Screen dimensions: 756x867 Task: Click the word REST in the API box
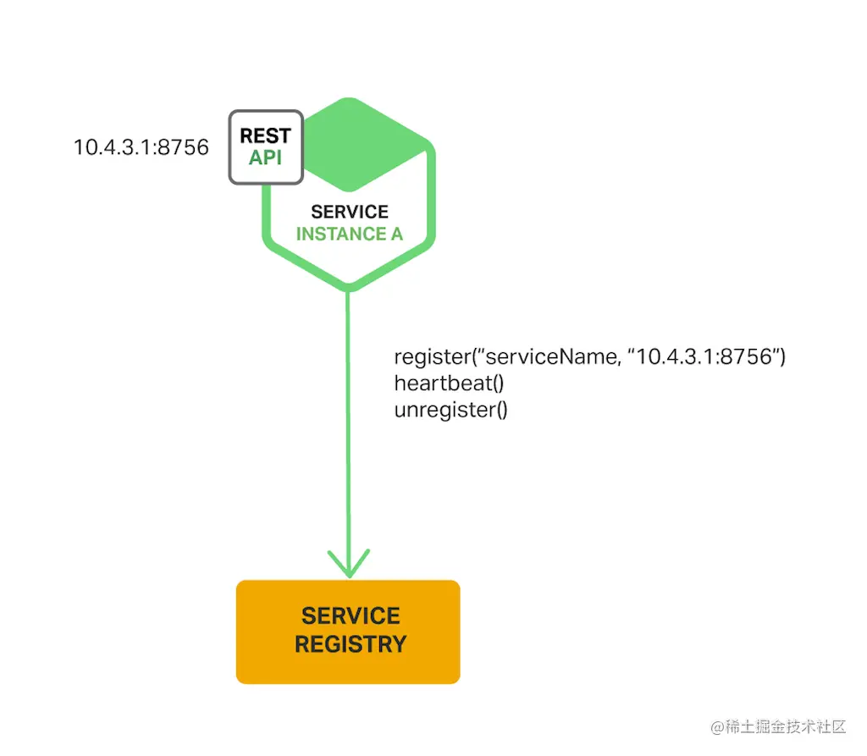(x=265, y=135)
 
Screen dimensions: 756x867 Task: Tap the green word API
(x=265, y=157)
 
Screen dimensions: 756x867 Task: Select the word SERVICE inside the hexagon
(x=350, y=212)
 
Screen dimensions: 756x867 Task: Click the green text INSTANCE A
(x=350, y=234)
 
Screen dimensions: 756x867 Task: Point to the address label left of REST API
(x=141, y=147)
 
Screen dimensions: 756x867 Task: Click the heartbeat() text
(x=449, y=383)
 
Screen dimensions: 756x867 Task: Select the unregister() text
(x=450, y=410)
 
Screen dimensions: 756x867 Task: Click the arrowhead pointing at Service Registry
(x=349, y=564)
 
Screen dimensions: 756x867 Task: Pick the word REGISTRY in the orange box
(x=351, y=644)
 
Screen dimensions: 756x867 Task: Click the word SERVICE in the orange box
(x=351, y=615)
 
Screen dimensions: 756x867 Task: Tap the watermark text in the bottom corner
(x=778, y=726)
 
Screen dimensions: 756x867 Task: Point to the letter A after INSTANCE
(x=395, y=234)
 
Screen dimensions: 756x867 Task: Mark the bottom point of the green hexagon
(x=348, y=290)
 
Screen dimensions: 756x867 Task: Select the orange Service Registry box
(x=348, y=632)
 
